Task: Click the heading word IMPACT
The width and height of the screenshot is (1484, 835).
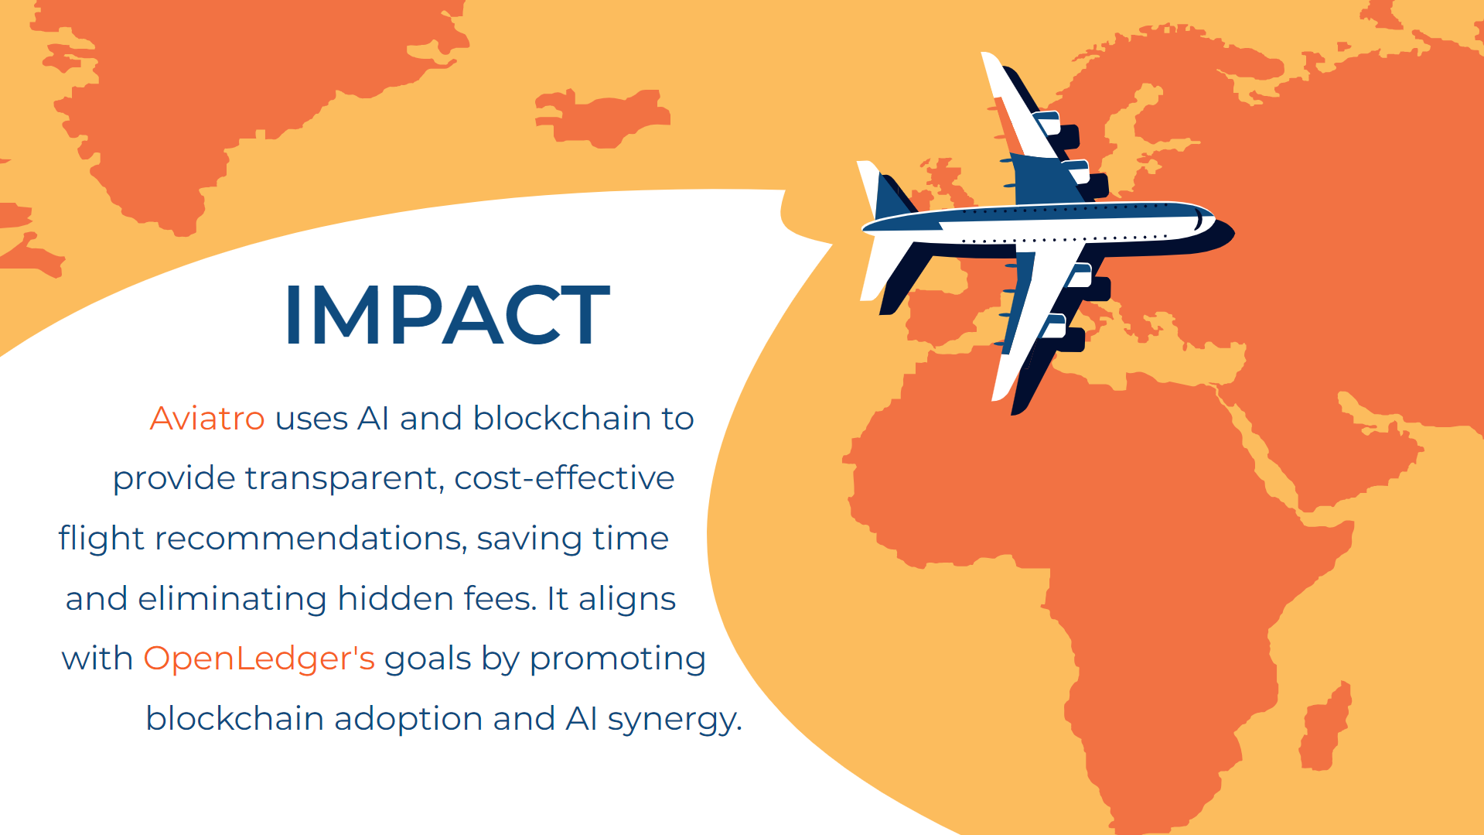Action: (x=447, y=314)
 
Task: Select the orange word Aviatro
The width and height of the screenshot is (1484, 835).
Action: (x=207, y=419)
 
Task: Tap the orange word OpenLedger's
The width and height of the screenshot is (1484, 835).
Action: (x=259, y=659)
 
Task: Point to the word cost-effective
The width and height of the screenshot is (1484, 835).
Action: (x=565, y=477)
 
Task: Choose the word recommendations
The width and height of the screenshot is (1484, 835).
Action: (x=311, y=538)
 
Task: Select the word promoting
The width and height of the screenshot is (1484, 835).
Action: (x=618, y=659)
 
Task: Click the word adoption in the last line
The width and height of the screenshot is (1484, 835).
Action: (x=408, y=719)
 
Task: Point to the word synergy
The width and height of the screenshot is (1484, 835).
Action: (x=675, y=720)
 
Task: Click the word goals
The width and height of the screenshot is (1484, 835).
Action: (x=428, y=659)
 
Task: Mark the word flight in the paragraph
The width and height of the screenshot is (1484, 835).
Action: (x=101, y=539)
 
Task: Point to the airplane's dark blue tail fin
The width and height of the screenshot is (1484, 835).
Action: (x=892, y=198)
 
